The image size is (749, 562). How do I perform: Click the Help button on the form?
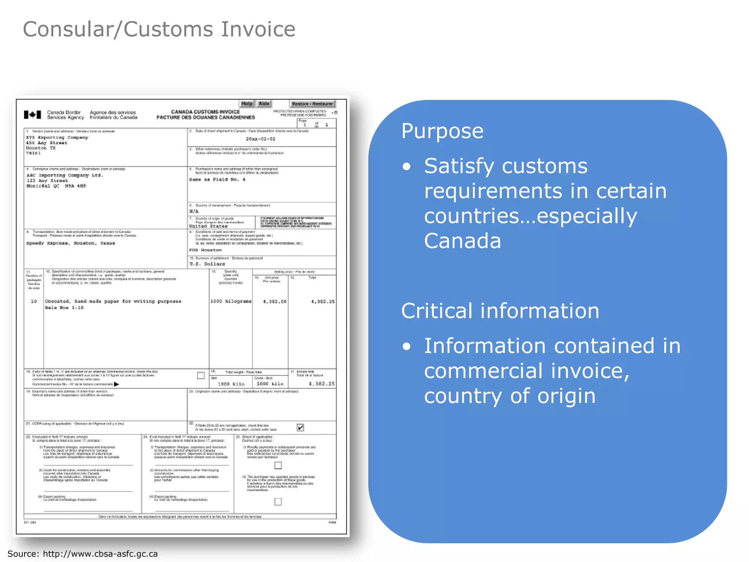247,104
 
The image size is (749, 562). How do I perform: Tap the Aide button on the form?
264,104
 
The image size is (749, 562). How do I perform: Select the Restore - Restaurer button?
312,104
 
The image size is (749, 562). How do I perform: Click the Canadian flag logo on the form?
33,115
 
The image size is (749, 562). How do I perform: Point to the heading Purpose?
442,131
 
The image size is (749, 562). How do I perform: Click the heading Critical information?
500,311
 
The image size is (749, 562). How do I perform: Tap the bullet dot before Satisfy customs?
407,167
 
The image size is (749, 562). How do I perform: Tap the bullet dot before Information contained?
407,346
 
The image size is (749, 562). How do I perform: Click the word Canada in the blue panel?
462,241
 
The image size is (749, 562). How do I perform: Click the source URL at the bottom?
100,554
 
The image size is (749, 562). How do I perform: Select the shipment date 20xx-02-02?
260,139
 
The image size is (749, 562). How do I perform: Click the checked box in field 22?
300,427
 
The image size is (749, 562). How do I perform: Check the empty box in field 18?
201,375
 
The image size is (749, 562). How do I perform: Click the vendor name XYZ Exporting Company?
57,138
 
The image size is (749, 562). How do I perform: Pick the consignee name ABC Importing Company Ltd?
65,176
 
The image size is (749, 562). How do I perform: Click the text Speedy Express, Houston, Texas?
71,243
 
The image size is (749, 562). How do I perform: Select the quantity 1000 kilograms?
231,301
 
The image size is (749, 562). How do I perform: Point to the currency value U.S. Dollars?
207,264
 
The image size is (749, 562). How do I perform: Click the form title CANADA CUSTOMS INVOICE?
206,112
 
